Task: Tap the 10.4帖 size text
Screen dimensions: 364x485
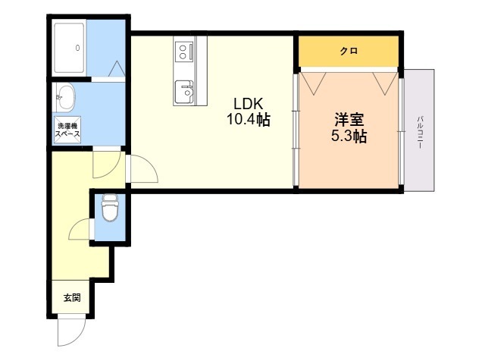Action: coord(248,120)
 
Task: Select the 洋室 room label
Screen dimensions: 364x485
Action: coord(349,121)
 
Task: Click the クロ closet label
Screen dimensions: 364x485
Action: coord(348,52)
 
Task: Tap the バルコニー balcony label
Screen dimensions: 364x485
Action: coord(418,130)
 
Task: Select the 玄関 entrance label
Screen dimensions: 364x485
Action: coord(70,298)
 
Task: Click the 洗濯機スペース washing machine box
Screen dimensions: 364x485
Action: coord(67,130)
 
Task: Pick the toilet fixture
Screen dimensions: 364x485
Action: coord(109,208)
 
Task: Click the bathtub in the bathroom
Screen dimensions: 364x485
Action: coord(69,47)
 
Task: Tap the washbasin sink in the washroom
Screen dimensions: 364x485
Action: coord(65,97)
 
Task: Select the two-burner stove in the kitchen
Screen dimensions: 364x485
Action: coord(185,51)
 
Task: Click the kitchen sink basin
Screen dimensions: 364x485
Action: coord(184,93)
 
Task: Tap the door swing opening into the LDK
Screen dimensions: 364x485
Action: coord(143,170)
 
